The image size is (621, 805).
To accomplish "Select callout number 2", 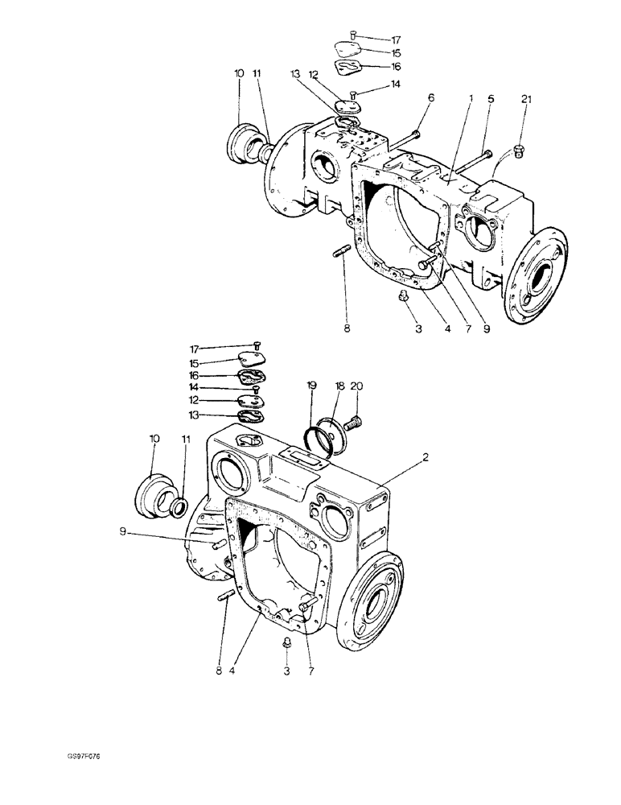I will (x=426, y=456).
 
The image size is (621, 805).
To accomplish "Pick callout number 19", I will (x=310, y=386).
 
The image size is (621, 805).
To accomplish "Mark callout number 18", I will (x=339, y=386).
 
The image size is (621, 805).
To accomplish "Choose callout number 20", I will (x=359, y=386).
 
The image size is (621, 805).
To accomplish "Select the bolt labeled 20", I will (x=354, y=420).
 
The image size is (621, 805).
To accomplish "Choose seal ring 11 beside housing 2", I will (x=179, y=507).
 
